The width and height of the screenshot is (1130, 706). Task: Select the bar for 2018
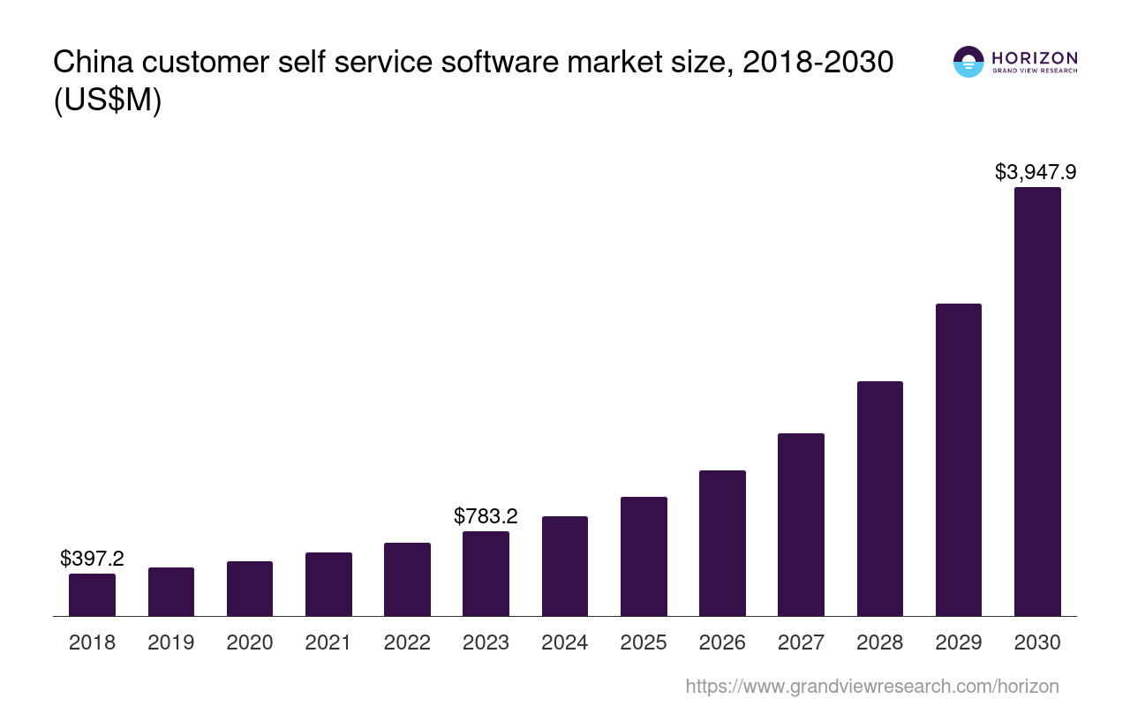click(92, 595)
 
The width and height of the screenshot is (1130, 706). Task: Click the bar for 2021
click(328, 584)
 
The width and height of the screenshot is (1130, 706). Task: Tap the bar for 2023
click(486, 574)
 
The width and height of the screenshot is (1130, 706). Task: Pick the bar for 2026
click(722, 543)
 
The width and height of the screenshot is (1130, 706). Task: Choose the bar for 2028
click(879, 499)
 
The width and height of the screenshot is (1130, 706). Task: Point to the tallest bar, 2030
click(1037, 402)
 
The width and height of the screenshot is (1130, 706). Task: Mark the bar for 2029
click(958, 460)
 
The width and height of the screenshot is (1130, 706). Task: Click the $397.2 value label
click(92, 559)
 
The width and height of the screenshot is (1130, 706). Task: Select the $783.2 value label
click(486, 516)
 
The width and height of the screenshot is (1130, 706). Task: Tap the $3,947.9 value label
click(1036, 172)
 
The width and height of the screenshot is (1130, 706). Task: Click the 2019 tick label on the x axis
click(171, 642)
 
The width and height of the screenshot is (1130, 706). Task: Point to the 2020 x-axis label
click(250, 642)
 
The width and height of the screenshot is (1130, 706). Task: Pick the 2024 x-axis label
click(565, 642)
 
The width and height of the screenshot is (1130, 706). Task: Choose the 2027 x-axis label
click(801, 642)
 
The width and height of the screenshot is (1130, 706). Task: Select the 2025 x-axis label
click(644, 642)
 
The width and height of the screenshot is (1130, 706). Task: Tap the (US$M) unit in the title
click(108, 101)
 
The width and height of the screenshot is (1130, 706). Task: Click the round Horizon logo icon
click(968, 62)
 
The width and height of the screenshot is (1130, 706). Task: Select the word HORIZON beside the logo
click(1035, 58)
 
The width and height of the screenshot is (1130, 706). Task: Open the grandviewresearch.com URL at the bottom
click(872, 686)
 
